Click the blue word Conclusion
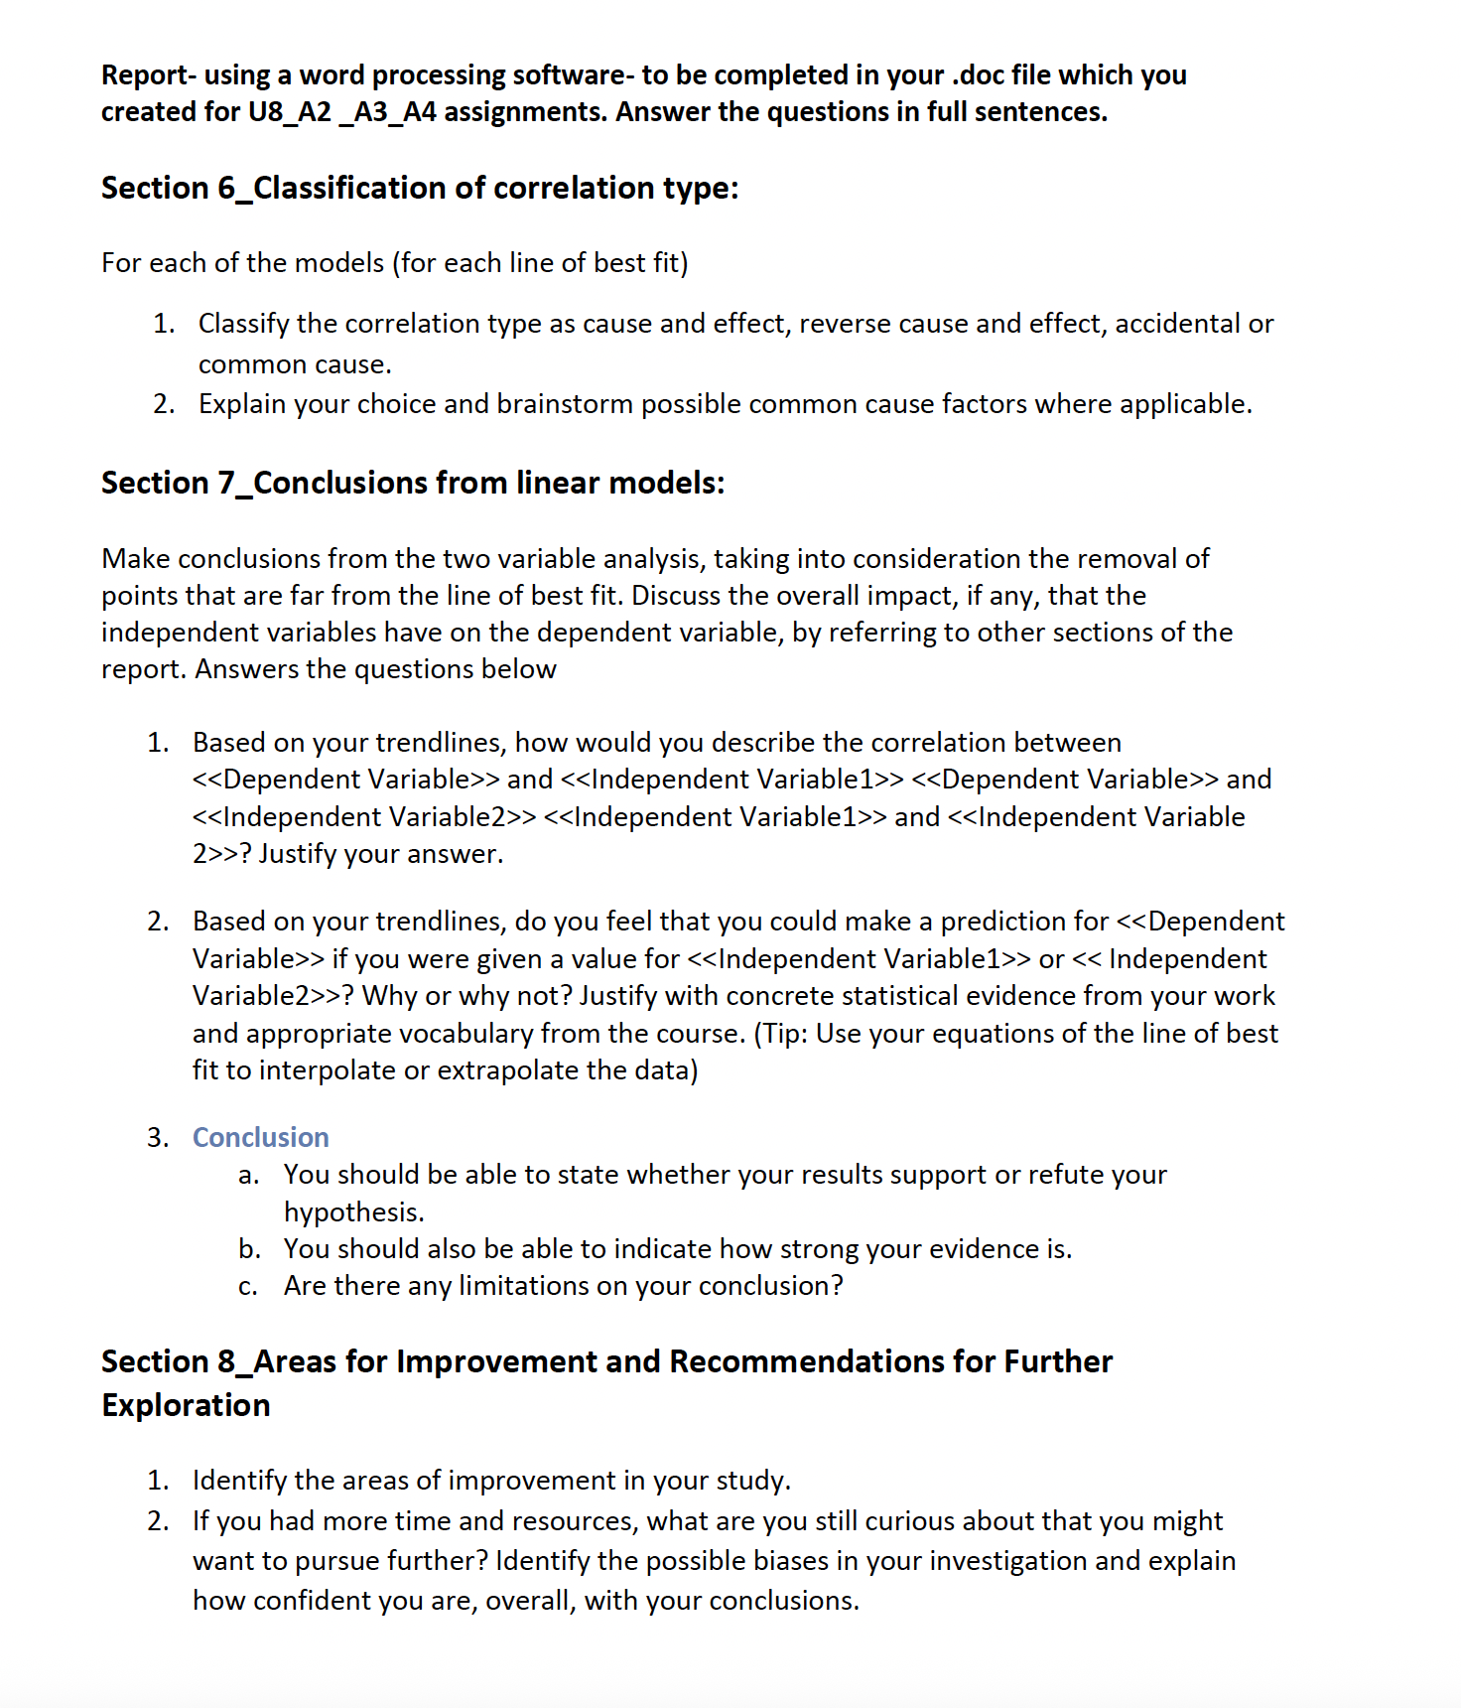260,1137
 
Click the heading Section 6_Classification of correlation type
419,188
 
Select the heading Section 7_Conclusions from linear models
412,483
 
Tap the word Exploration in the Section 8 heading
186,1405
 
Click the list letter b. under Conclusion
249,1249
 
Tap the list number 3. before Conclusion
158,1137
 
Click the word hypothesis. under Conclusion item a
353,1212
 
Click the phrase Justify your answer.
381,854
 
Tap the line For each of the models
394,263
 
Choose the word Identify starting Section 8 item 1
239,1481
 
